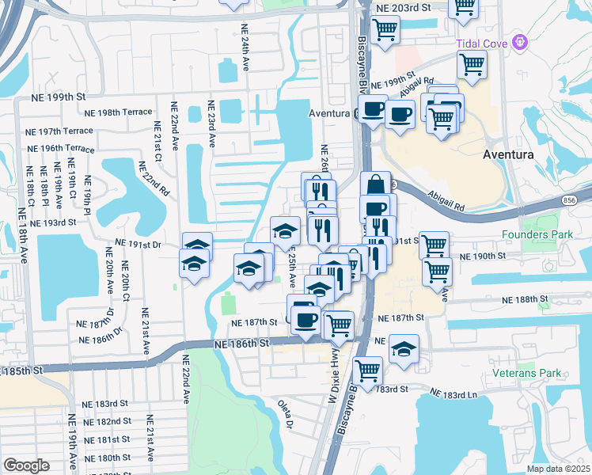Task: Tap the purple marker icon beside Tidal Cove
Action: (519, 41)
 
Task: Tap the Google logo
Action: (26, 465)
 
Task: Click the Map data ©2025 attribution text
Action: (557, 469)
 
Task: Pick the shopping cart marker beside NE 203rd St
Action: (385, 31)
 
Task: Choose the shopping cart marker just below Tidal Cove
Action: (472, 66)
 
